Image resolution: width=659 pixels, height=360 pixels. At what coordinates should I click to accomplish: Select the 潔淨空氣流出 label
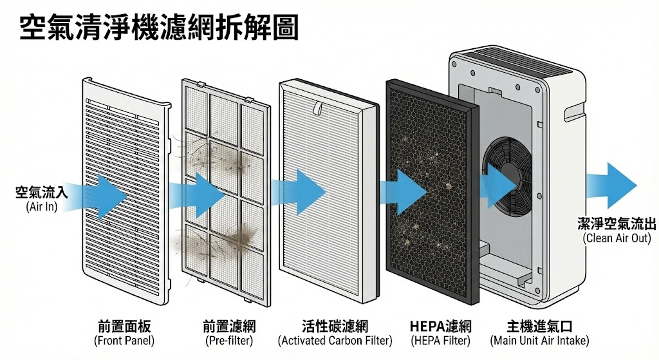point(617,223)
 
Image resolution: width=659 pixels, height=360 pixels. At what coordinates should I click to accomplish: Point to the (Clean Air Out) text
point(617,238)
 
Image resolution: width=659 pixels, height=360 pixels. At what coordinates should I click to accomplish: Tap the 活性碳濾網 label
point(335,326)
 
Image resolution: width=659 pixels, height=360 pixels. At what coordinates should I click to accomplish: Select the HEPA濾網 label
point(440,326)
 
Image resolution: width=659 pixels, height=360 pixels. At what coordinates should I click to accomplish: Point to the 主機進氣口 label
point(539,326)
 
